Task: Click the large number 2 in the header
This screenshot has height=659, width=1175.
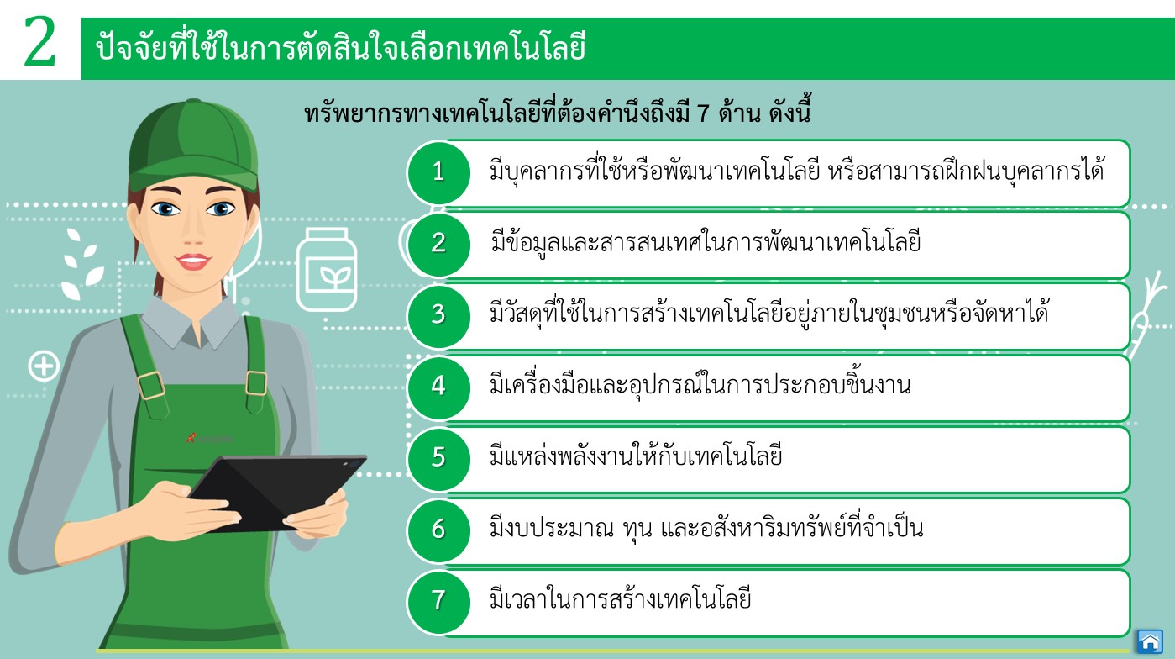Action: (x=39, y=41)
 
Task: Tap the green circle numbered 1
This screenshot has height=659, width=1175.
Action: (x=438, y=172)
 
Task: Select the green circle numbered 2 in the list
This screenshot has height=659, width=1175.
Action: (x=438, y=244)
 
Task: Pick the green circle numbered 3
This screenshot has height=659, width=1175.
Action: (x=438, y=315)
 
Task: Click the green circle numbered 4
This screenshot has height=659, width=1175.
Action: (x=438, y=387)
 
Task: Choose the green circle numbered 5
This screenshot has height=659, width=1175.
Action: (x=438, y=458)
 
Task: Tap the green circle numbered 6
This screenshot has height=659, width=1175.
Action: (x=438, y=530)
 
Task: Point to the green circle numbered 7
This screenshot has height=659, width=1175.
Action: (x=438, y=602)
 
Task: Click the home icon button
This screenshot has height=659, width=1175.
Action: (x=1150, y=641)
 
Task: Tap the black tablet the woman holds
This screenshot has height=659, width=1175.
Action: (x=278, y=491)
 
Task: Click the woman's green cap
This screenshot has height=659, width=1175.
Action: (x=193, y=145)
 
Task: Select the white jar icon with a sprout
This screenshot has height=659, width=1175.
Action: (x=327, y=269)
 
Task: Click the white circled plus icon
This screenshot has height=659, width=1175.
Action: (x=44, y=366)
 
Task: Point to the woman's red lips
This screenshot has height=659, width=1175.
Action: (x=193, y=261)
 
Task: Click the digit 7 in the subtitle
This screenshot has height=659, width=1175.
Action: (x=703, y=113)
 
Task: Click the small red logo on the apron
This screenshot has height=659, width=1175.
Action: (x=191, y=437)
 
